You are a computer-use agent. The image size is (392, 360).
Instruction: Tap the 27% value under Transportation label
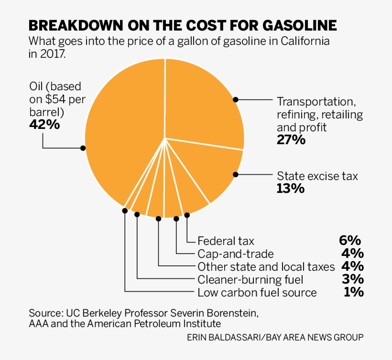(x=291, y=140)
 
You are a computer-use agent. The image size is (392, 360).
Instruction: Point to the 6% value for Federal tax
(x=350, y=241)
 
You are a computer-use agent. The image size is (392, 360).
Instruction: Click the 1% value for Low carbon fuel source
(x=353, y=292)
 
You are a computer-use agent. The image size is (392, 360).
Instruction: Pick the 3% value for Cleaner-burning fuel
(x=352, y=279)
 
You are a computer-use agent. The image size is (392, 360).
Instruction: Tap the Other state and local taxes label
(x=266, y=267)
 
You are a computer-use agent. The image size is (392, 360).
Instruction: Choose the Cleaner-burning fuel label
(x=250, y=280)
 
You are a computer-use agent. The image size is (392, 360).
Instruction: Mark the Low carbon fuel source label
(x=257, y=293)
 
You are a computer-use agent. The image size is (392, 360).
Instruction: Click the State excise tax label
(x=317, y=176)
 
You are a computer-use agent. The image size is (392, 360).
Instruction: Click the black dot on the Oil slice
(x=83, y=148)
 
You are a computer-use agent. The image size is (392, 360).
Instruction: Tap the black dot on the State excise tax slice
(x=235, y=175)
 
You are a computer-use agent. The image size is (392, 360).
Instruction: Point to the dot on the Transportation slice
(x=235, y=99)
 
